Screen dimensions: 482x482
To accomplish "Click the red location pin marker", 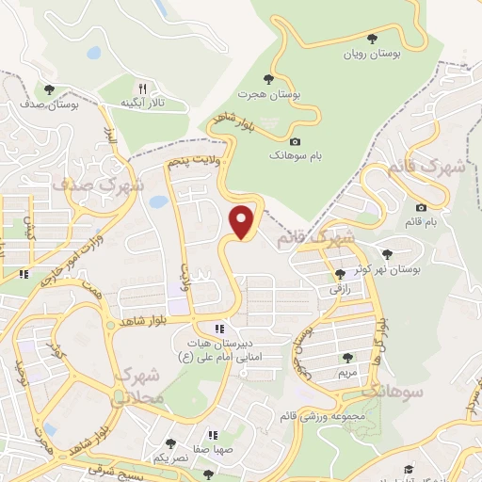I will (x=243, y=222).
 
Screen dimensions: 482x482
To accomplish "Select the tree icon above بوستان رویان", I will (x=373, y=39).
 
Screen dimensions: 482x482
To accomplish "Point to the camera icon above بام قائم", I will (x=420, y=207).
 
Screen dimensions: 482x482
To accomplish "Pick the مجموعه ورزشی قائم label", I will (x=322, y=414).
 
